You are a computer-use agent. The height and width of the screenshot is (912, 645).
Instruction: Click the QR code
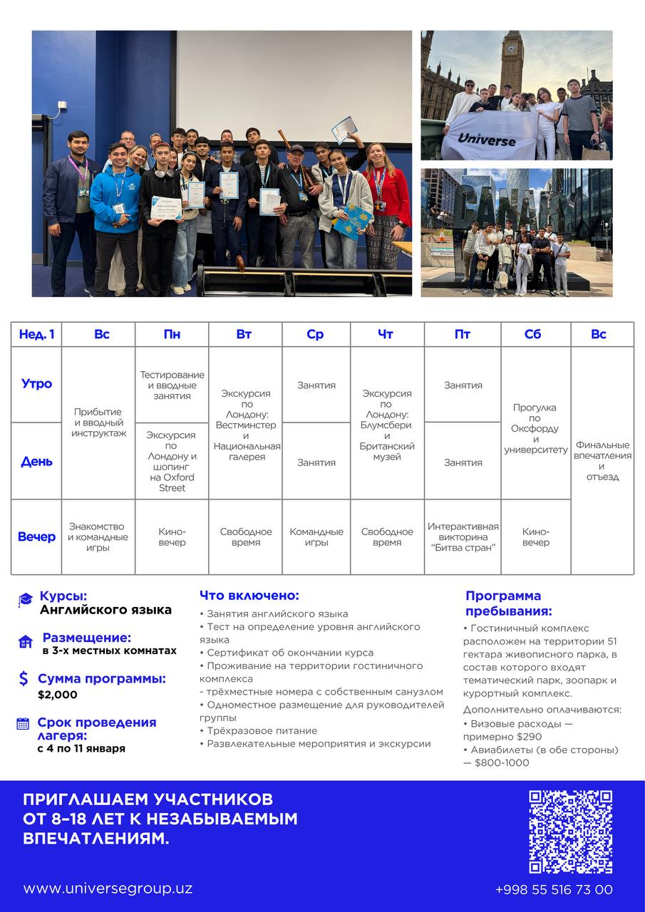tap(570, 831)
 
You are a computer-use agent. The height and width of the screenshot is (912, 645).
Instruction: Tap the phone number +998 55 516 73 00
tap(554, 889)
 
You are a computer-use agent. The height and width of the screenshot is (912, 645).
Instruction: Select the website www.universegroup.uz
tap(108, 888)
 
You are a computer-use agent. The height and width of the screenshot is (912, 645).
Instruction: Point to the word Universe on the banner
tap(487, 140)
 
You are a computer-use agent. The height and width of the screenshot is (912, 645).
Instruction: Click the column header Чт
tap(386, 334)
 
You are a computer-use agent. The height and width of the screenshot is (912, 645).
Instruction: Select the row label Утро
tap(36, 383)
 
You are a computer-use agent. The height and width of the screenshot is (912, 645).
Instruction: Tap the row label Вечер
tap(36, 537)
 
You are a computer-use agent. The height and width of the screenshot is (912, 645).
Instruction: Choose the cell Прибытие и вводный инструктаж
tap(98, 423)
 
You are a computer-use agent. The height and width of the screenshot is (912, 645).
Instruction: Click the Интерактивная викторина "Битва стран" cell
tap(463, 537)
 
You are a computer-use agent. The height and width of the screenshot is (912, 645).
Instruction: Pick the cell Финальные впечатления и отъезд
tap(602, 460)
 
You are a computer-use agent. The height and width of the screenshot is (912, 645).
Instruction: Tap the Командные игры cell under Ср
tap(316, 537)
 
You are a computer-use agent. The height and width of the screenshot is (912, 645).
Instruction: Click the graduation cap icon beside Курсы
tap(26, 601)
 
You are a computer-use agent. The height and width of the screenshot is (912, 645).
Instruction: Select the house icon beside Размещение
tap(26, 642)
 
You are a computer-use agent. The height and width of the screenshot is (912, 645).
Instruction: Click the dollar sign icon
tap(24, 679)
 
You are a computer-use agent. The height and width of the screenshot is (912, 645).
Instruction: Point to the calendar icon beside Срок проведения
tap(23, 724)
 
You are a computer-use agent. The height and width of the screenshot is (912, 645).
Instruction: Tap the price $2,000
tap(58, 695)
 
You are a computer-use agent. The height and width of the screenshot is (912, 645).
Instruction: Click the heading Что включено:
tap(249, 596)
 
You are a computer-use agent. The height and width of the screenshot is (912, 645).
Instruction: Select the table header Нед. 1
tap(36, 334)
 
